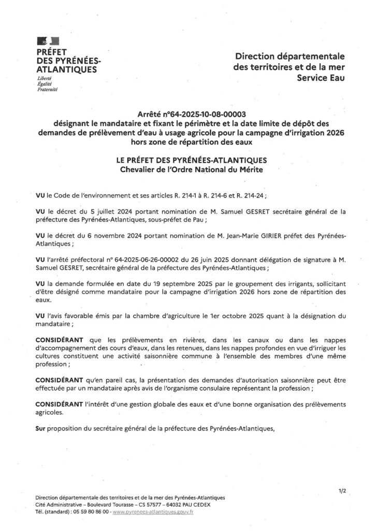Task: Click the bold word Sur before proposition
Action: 40,428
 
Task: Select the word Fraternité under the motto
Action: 47,90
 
